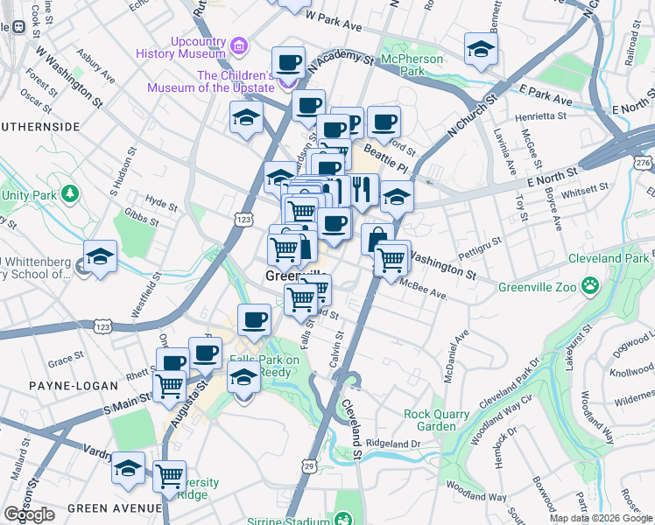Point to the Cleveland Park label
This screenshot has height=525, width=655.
click(608, 258)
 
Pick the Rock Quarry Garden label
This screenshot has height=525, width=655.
click(430, 420)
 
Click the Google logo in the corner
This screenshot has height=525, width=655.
click(30, 514)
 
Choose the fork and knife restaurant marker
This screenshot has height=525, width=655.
click(362, 188)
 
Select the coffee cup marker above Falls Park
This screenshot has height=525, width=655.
click(254, 319)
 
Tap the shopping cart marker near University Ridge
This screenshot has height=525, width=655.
click(169, 476)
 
